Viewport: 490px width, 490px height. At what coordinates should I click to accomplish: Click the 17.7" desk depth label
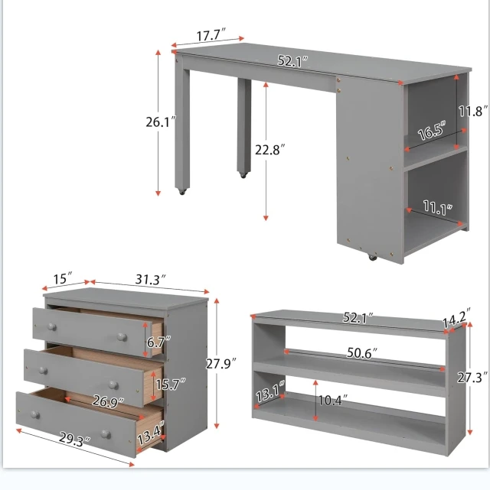pos(207,35)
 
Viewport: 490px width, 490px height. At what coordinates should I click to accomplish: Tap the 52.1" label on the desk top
pos(292,61)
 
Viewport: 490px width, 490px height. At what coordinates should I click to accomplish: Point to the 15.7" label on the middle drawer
pos(158,385)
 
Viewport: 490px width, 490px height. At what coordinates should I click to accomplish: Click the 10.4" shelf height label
pos(334,399)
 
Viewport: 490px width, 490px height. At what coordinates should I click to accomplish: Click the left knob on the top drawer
pos(51,326)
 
